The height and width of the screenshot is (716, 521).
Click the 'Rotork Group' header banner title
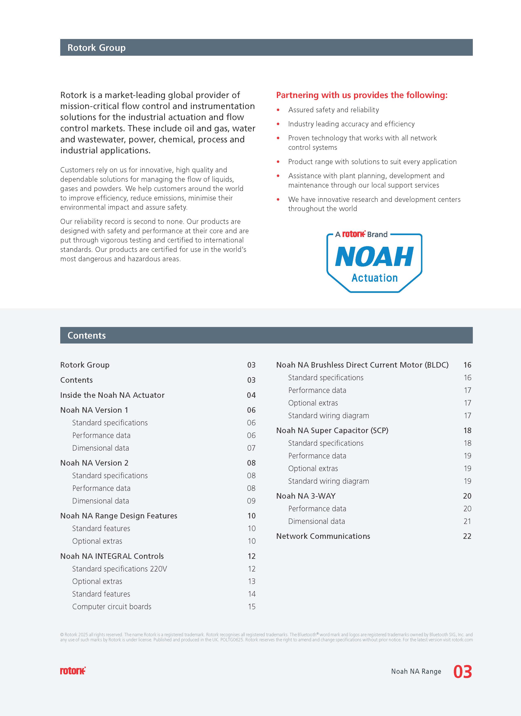96,48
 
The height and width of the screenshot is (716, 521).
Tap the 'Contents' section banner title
87,335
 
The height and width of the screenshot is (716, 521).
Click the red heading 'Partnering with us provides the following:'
362,95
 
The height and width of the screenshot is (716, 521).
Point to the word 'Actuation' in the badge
374,278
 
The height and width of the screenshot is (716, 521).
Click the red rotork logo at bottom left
73,670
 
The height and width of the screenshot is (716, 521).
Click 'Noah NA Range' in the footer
416,672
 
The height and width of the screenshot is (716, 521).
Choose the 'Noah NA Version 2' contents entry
94,463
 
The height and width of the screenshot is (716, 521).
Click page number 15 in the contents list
251,606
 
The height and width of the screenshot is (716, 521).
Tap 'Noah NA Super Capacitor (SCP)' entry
332,430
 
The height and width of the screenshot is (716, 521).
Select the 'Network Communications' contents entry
323,536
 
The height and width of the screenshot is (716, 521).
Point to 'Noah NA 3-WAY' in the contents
306,496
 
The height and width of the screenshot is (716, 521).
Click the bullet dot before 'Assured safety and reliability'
278,110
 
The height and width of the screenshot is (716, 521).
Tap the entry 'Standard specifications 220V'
119,569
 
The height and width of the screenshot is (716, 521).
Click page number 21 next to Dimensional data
467,521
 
